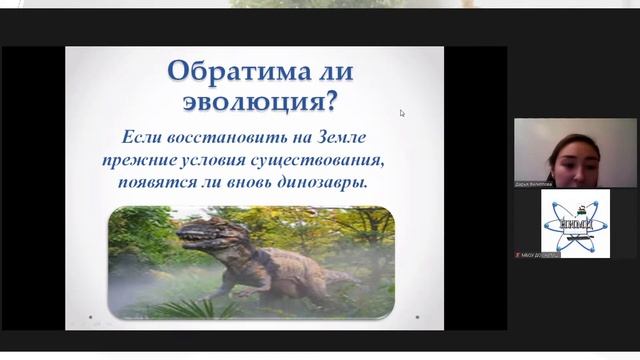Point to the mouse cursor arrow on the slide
pyautogui.click(x=402, y=113)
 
